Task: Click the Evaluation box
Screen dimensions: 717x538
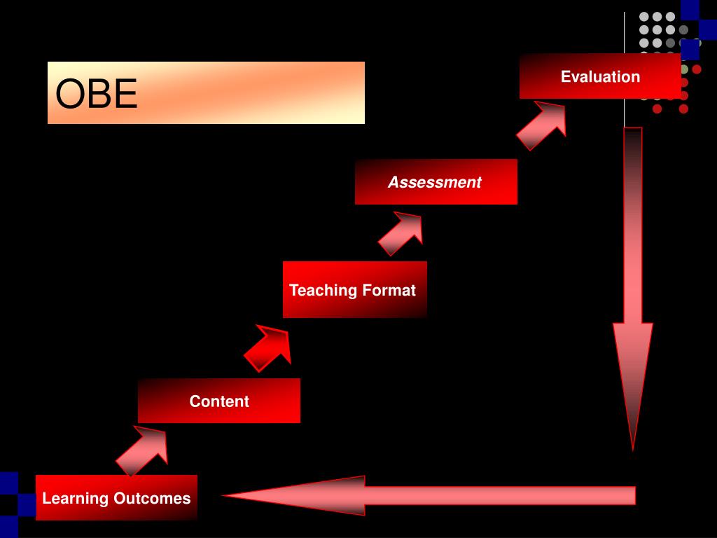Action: (600, 76)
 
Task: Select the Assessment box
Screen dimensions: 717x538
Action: (436, 182)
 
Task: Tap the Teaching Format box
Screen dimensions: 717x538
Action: (354, 290)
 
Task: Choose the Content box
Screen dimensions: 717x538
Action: (219, 401)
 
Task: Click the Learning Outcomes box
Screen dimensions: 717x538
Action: (116, 498)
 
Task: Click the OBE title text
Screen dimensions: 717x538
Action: (97, 94)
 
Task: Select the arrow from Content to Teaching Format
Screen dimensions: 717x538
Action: (269, 347)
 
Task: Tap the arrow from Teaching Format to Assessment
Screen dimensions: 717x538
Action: (402, 233)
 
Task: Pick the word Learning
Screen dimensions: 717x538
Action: (75, 498)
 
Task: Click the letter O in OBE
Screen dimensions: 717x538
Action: (69, 94)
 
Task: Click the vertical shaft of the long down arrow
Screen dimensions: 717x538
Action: (633, 224)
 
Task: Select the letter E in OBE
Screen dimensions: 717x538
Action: (125, 94)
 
